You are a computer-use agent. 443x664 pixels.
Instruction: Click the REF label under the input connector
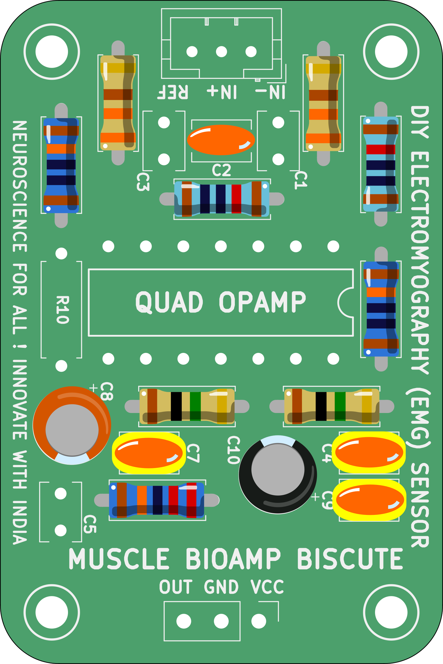coord(173,92)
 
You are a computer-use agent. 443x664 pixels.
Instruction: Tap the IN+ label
coord(222,92)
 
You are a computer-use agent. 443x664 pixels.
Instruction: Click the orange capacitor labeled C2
coord(221,140)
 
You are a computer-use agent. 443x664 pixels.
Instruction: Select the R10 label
coord(62,310)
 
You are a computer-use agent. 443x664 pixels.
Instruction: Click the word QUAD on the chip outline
coord(169,302)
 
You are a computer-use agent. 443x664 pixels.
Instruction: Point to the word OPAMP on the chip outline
coord(262,302)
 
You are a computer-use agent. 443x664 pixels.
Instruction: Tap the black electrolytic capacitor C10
coord(278,474)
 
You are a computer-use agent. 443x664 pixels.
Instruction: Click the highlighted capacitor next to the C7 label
coord(149,453)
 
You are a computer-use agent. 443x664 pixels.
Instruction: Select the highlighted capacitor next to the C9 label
coord(369,500)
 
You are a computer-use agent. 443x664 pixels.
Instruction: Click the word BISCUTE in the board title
coord(350,559)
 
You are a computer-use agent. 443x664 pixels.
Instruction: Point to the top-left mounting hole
coord(52,52)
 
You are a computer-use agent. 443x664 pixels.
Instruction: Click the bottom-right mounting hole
coord(391,612)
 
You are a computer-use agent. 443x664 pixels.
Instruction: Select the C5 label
coord(90,524)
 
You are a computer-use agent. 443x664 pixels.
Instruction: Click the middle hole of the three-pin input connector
coord(221,52)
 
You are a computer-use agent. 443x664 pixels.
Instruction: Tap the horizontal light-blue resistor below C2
coord(222,199)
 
